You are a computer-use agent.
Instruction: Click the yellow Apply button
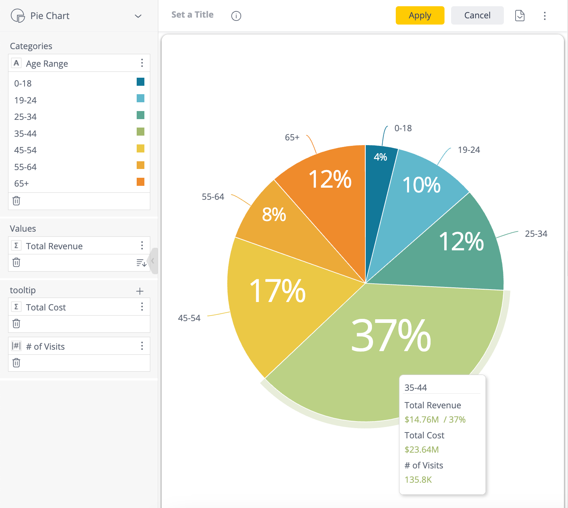pos(420,15)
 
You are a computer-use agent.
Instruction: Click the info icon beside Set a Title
pos(236,16)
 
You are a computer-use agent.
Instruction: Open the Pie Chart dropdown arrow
pos(138,16)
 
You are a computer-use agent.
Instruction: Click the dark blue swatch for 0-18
pos(140,82)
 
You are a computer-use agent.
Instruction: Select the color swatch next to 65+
pos(140,182)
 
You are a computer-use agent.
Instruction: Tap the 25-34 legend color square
pos(140,115)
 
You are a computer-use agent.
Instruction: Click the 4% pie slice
pos(380,157)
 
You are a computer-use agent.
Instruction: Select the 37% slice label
pos(391,335)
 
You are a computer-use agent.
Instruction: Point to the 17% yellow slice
pos(277,291)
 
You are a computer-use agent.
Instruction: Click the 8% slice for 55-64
pos(274,214)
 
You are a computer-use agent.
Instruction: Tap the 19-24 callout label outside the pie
pos(469,150)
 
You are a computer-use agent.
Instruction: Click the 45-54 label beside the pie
pos(189,318)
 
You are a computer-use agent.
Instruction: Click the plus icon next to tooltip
pos(140,291)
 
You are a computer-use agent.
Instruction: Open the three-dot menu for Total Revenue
pos(142,246)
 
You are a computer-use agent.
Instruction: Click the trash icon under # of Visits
pos(16,363)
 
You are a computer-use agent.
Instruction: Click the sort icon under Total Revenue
pos(141,262)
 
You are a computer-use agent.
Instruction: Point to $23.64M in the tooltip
pos(421,450)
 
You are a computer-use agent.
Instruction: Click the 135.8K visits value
pos(418,480)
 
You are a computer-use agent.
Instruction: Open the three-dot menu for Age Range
pos(142,63)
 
